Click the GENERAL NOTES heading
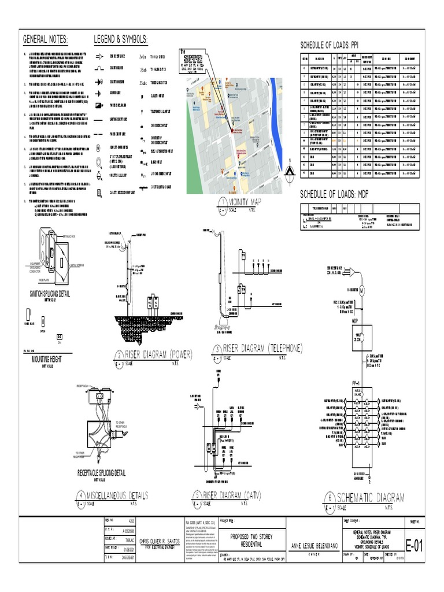(x=45, y=39)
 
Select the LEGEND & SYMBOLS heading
(x=121, y=39)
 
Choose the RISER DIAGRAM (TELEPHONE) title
(x=262, y=348)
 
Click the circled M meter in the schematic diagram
(x=363, y=289)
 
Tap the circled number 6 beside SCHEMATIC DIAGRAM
(x=330, y=498)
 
